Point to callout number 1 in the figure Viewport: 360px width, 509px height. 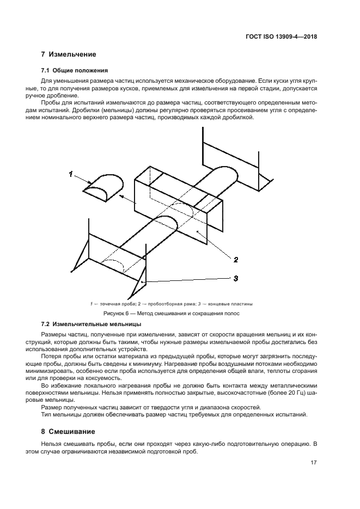click(70, 174)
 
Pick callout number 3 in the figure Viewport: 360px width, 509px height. click(235, 278)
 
